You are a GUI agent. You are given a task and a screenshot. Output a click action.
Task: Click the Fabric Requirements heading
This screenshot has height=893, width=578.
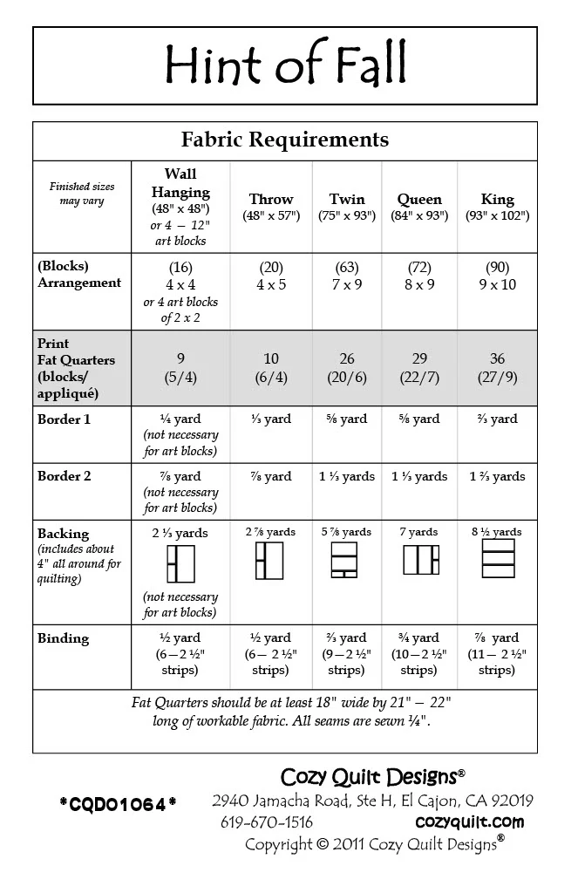tap(285, 140)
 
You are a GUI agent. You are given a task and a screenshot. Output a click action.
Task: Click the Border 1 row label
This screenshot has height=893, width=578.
tap(64, 419)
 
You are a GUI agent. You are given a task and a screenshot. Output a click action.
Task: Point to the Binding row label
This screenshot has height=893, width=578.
tap(63, 638)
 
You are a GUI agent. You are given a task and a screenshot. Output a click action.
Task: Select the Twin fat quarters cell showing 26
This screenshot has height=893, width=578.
tap(347, 360)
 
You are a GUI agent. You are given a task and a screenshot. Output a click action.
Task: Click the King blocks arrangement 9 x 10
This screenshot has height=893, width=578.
tap(497, 284)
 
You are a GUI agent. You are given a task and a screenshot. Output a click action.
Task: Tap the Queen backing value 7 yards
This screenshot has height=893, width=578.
tap(419, 532)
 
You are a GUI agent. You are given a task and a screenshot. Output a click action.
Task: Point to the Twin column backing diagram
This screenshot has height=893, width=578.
tap(347, 560)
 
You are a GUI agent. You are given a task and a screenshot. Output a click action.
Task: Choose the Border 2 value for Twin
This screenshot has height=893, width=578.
tap(347, 477)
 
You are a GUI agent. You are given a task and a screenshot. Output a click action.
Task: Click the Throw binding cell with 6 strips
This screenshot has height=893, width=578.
tap(271, 654)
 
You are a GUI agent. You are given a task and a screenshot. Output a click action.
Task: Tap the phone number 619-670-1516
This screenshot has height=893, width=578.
tap(267, 821)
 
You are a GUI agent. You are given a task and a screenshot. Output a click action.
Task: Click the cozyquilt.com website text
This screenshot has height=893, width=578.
tap(469, 821)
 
